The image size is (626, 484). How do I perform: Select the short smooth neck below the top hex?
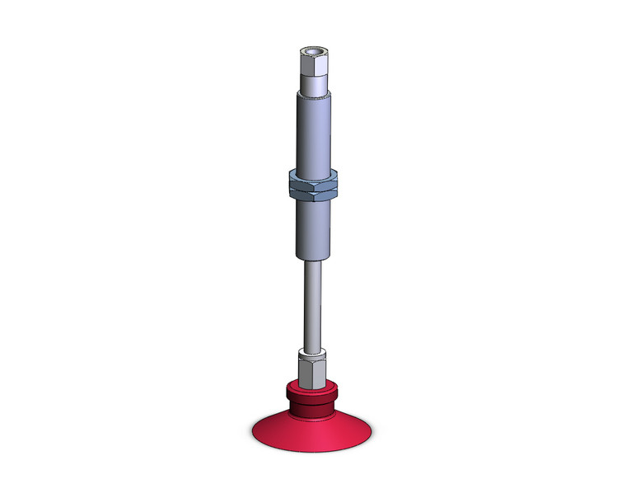pos(313,83)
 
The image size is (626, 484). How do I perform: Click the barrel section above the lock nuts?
pos(313,132)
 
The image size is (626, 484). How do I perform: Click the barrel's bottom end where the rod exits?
pos(313,257)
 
